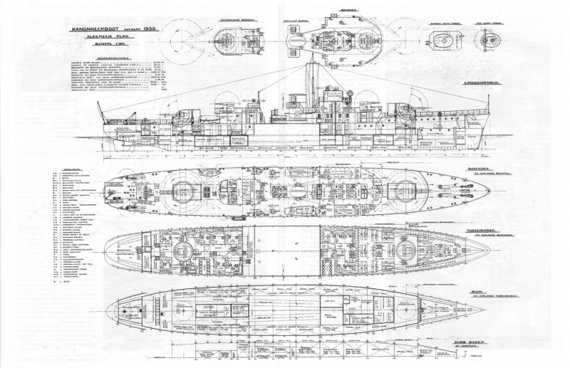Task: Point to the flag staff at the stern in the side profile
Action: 100,114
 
